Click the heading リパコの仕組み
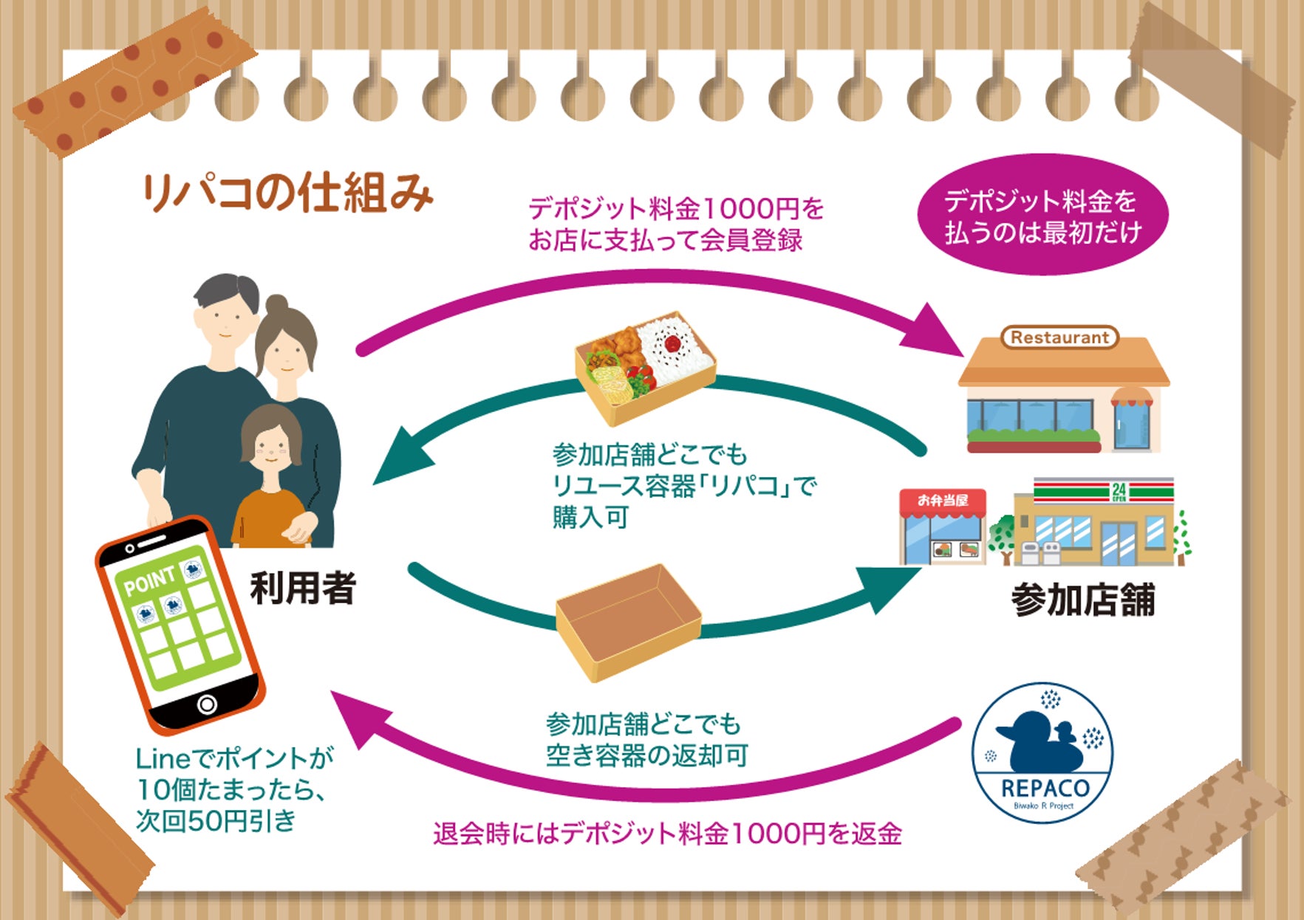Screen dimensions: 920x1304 pyautogui.click(x=287, y=193)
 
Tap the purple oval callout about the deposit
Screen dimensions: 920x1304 pyautogui.click(x=1042, y=216)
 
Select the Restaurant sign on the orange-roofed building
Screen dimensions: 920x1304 pyautogui.click(x=1059, y=337)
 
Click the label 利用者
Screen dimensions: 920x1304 pyautogui.click(x=303, y=588)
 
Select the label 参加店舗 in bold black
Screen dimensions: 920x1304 pyautogui.click(x=1082, y=600)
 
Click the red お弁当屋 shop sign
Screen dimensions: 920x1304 pyautogui.click(x=943, y=501)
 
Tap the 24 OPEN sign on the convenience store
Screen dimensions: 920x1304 pyautogui.click(x=1119, y=492)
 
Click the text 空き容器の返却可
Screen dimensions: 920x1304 pyautogui.click(x=646, y=755)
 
